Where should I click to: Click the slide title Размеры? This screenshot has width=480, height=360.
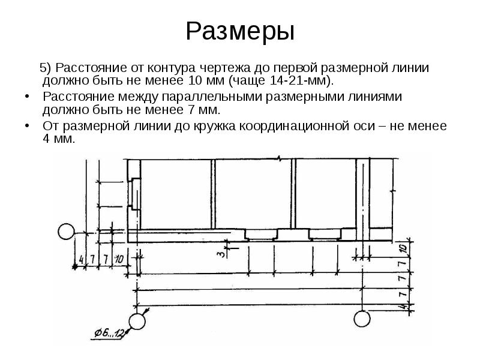click(x=239, y=31)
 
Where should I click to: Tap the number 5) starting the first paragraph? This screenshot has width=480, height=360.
click(x=47, y=67)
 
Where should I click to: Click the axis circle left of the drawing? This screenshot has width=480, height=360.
click(x=64, y=230)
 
